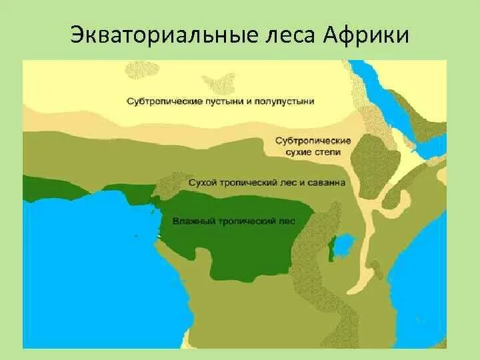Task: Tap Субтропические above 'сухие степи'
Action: click(x=313, y=141)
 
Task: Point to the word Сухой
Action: click(x=202, y=182)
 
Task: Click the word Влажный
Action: click(x=191, y=221)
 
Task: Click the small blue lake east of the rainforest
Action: click(x=343, y=245)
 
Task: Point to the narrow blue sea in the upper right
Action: click(x=387, y=100)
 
